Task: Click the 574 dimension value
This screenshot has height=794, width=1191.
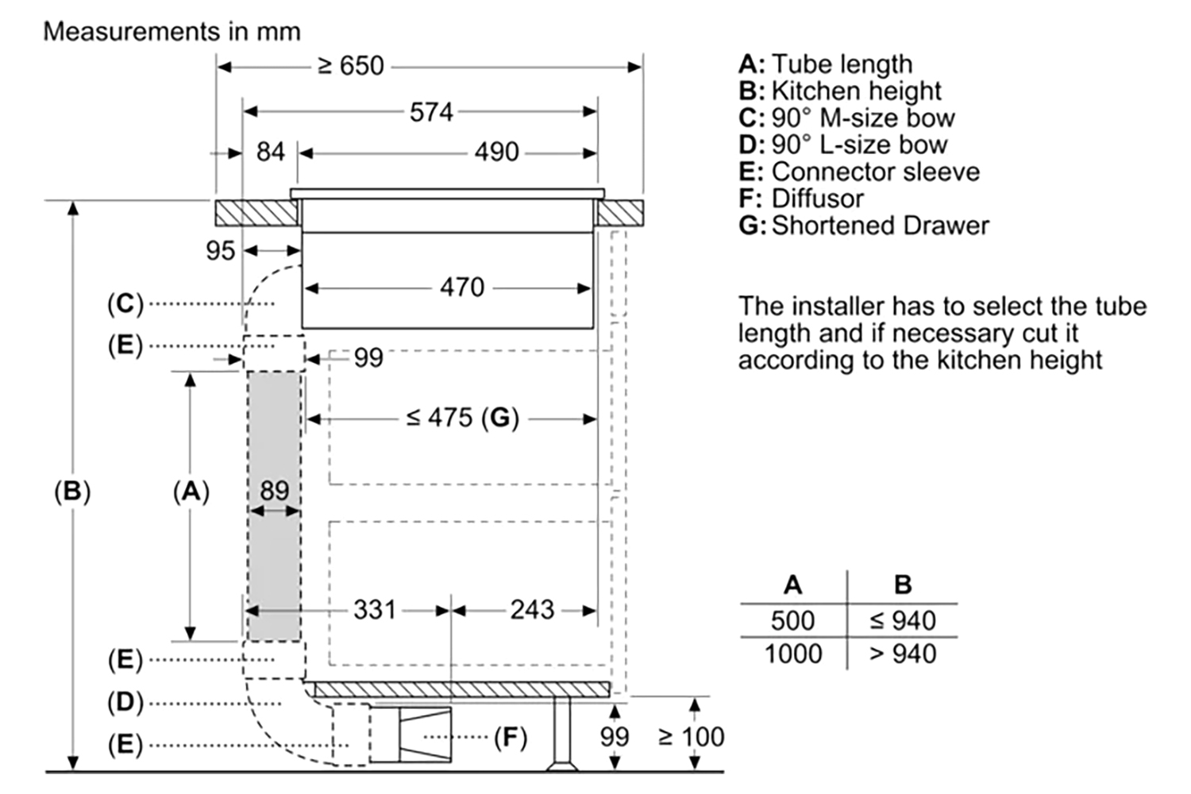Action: point(431,112)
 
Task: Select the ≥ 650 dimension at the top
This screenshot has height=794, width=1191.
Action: point(350,66)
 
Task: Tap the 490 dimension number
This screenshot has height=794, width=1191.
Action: point(496,152)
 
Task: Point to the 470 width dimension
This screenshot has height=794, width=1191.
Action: point(461,287)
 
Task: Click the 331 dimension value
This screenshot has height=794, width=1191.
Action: point(374,610)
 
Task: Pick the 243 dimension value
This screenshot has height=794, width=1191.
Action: point(532,610)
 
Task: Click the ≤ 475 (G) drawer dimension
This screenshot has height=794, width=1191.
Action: point(462,418)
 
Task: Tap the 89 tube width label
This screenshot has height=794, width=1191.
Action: point(275,490)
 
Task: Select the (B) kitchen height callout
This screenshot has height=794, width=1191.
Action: point(72,491)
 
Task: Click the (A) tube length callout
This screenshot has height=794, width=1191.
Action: point(191,491)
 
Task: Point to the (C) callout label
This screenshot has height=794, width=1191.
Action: point(125,303)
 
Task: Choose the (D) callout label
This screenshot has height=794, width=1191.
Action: point(125,702)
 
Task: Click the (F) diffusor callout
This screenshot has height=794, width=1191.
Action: point(511,738)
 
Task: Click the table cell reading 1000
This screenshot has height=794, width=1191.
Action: point(792,653)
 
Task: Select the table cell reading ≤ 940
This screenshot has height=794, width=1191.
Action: point(903,620)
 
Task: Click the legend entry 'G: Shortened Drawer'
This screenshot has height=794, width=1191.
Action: point(863,225)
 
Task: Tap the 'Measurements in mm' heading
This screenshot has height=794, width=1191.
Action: point(172,32)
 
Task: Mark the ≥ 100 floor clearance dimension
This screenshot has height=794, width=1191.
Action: point(691,737)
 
